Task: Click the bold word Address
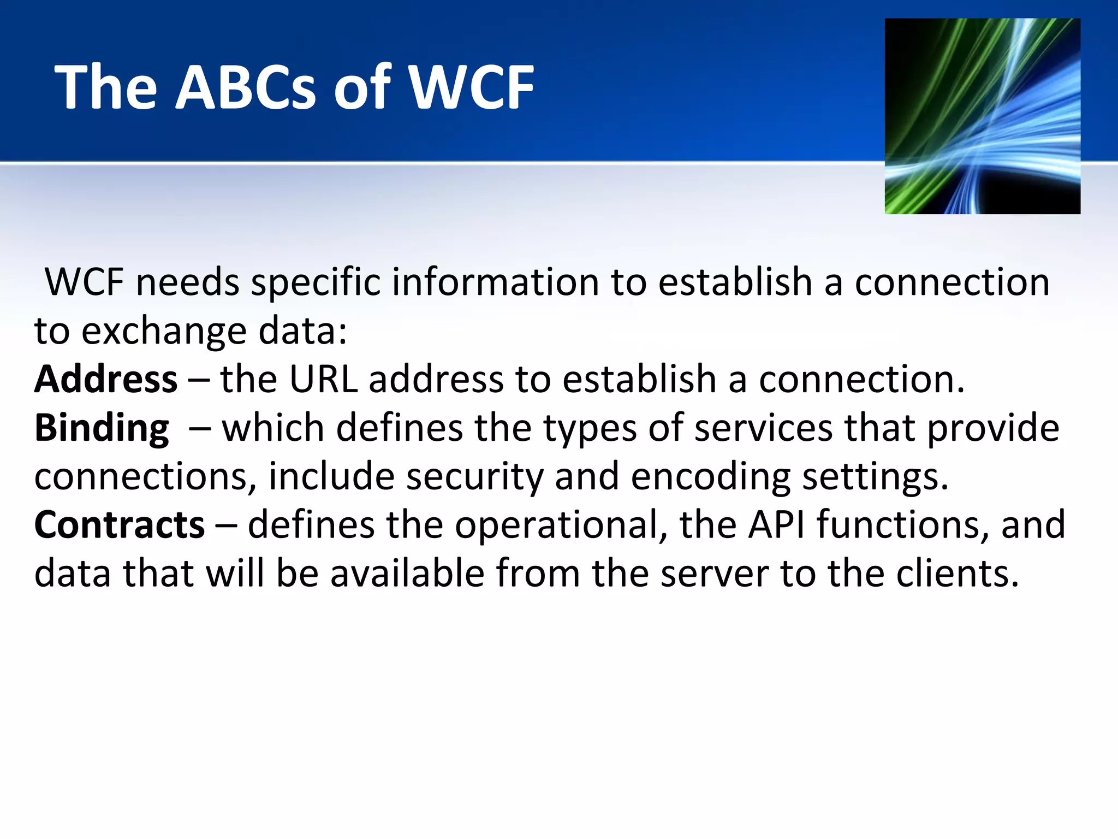click(106, 379)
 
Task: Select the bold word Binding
click(102, 428)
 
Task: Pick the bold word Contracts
click(120, 525)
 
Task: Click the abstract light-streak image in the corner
click(982, 116)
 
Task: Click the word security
click(475, 476)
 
